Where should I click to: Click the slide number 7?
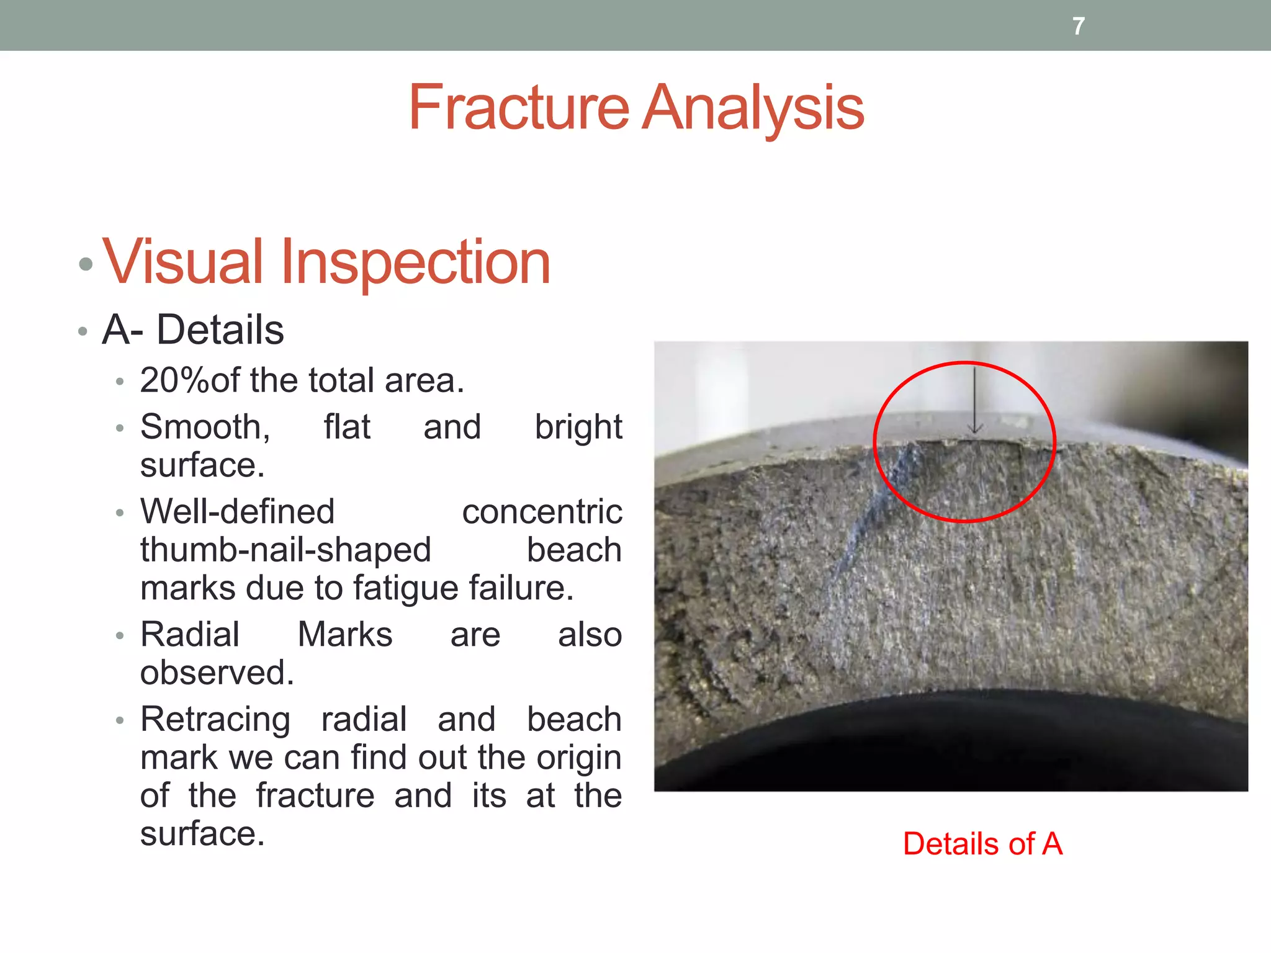point(1079,26)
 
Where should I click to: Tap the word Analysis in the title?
point(753,109)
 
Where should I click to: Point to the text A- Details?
point(193,329)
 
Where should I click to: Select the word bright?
point(578,427)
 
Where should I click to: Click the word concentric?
point(542,512)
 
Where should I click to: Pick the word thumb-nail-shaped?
point(285,550)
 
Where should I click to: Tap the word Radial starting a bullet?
point(190,635)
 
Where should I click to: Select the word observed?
point(217,673)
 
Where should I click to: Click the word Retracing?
point(215,720)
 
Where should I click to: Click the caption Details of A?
point(982,844)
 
